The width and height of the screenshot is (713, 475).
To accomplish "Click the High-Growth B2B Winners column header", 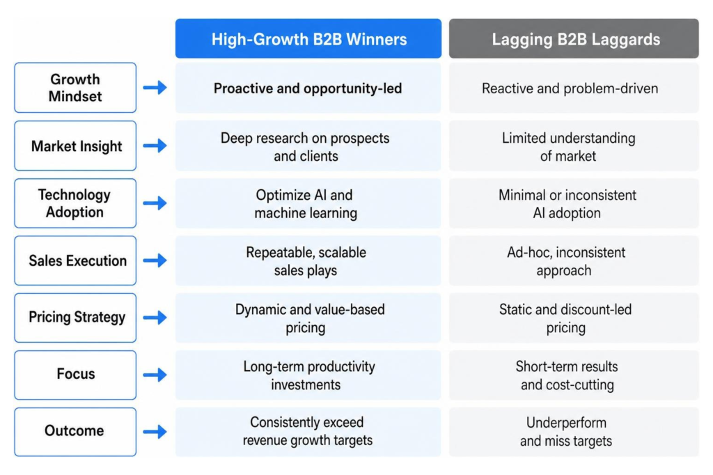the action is (x=308, y=39).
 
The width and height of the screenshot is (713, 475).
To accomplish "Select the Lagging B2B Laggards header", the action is (x=574, y=39).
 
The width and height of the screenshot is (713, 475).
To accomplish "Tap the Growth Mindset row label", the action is (x=75, y=88).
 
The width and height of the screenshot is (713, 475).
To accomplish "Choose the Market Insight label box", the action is (x=75, y=146).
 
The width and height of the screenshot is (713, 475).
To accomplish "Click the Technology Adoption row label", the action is (x=75, y=203).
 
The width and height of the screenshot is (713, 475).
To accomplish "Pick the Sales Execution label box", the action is (x=75, y=260).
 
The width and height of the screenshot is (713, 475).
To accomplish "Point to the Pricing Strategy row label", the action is (x=75, y=318).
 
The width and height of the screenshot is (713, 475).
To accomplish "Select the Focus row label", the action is (x=75, y=375).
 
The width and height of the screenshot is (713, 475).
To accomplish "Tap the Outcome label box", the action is (x=75, y=432).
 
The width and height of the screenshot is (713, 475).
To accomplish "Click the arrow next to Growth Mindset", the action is (x=155, y=87).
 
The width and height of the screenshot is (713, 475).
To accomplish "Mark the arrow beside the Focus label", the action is (x=155, y=375).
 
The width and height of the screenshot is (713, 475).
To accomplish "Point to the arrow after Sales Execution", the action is (x=155, y=260).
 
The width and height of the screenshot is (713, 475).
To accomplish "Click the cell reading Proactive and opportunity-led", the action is (x=308, y=88).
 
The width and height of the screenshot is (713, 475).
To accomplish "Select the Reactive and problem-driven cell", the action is (x=574, y=88).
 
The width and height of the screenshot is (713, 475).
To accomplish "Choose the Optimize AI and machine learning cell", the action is (x=308, y=203).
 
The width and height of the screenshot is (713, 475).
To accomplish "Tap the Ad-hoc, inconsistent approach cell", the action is (x=574, y=260).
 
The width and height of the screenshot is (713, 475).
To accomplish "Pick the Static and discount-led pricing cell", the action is (x=574, y=318).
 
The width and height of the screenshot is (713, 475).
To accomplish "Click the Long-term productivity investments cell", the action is (x=308, y=375).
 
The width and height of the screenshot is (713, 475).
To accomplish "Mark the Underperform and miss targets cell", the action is (x=574, y=432).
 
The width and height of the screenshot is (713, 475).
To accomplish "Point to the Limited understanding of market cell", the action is (x=574, y=146).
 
